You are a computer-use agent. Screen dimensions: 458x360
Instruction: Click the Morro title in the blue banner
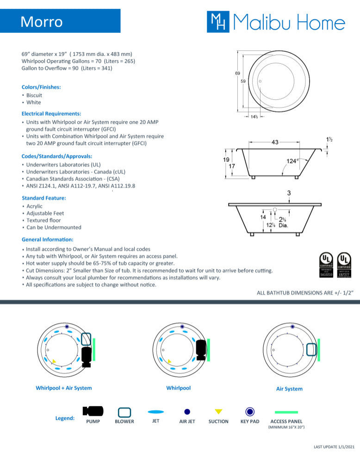coord(42,22)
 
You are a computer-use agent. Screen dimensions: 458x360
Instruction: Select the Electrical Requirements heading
coord(51,113)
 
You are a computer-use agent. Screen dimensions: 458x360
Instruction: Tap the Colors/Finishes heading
coord(41,87)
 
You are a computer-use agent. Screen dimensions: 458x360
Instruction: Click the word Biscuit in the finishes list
coord(34,95)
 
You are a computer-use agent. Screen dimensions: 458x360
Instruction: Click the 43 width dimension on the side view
coord(275,142)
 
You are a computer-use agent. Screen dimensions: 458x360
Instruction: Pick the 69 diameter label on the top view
coord(237,73)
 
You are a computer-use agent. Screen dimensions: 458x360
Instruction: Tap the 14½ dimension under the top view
coord(254,117)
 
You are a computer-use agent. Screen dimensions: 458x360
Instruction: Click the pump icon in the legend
coord(93,411)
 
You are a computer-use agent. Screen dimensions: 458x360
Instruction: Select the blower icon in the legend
coord(124,412)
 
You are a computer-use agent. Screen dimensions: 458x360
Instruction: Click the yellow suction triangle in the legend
coord(218,411)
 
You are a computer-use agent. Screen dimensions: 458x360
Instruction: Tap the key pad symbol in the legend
coord(250,411)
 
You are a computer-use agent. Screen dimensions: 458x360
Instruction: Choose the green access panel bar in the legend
coord(286,411)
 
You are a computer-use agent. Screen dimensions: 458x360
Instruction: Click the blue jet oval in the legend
coord(155,411)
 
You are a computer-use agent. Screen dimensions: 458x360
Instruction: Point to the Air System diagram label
coord(289,389)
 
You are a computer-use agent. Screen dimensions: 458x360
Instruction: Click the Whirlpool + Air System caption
coord(64,388)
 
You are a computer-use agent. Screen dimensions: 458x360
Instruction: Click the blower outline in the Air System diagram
coord(311,349)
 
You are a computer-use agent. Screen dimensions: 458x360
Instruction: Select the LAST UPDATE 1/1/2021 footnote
coord(334,446)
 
